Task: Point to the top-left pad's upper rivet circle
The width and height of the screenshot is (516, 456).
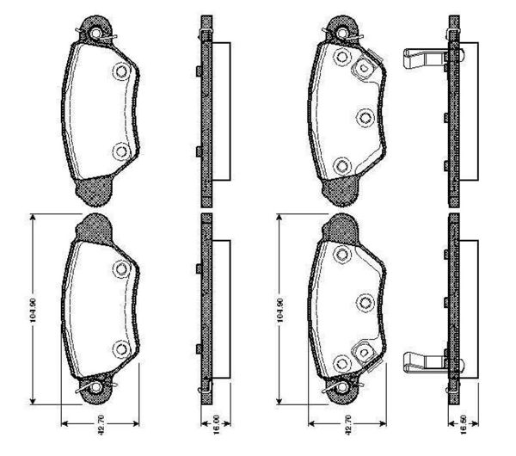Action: pyautogui.click(x=120, y=71)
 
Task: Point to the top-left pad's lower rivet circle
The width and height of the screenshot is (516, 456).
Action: pyautogui.click(x=120, y=151)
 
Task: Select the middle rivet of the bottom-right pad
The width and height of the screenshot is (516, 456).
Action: pyautogui.click(x=362, y=301)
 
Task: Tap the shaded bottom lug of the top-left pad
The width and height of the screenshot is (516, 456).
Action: pyautogui.click(x=93, y=188)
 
